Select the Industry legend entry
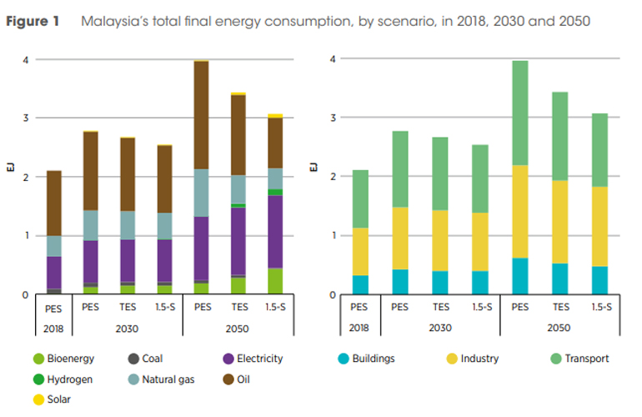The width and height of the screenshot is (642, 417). coord(479,359)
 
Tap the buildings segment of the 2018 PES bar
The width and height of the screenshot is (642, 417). coord(359,284)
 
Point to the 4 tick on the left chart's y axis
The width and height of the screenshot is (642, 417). coord(28,60)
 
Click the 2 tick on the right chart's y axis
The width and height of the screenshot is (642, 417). coord(334,177)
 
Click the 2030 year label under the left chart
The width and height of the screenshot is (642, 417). coord(128,329)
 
